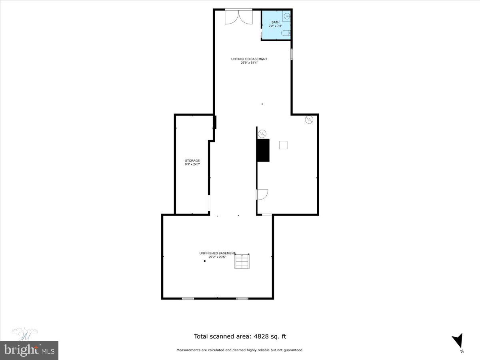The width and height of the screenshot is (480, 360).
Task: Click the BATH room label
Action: click(276, 22)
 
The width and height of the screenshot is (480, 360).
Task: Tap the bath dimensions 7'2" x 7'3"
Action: click(276, 26)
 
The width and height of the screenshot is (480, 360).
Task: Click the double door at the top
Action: click(238, 17)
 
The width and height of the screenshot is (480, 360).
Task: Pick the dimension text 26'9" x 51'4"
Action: click(249, 62)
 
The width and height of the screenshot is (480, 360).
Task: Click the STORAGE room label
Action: click(192, 161)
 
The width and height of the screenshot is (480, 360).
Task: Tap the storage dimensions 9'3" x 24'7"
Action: click(192, 164)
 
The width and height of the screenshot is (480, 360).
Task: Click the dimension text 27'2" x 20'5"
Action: click(217, 257)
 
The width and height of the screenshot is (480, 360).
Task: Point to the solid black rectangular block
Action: click(263, 150)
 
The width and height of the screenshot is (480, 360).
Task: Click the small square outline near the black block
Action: click(283, 145)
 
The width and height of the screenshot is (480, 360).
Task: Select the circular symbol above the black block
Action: click(262, 133)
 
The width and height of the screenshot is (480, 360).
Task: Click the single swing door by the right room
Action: click(262, 194)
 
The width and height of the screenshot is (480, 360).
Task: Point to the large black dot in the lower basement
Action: click(205, 261)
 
